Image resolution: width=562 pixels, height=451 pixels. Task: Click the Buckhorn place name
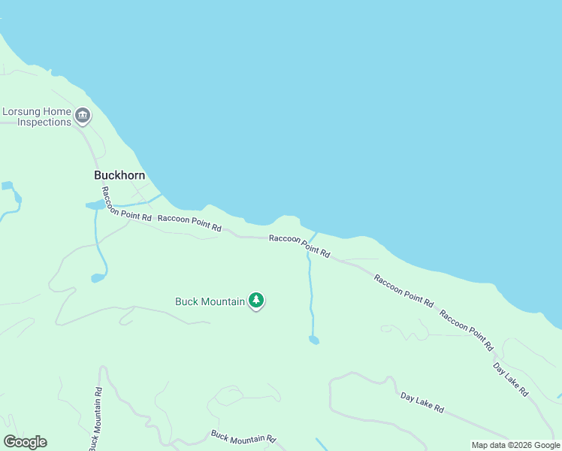[x=119, y=174]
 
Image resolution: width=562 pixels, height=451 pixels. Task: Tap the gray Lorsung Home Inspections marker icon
[x=83, y=116]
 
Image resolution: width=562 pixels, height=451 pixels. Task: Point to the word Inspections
[x=44, y=123]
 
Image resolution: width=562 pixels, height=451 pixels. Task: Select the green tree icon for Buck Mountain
[x=256, y=301]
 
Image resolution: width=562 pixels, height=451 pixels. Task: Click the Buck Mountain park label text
[x=210, y=301]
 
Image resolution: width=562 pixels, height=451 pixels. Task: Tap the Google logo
[x=25, y=442]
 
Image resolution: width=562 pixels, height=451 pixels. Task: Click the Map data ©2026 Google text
[x=515, y=444]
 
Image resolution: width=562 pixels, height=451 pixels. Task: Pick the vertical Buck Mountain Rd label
[x=95, y=419]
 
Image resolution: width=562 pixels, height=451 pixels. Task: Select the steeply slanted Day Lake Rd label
[x=511, y=380]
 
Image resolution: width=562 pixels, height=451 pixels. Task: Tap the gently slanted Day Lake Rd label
[x=421, y=402]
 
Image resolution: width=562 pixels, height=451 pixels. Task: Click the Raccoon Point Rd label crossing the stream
[x=299, y=246]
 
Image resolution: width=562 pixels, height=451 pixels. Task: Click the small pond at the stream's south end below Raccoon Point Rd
[x=313, y=340]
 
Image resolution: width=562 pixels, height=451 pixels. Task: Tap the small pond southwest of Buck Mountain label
[x=98, y=278]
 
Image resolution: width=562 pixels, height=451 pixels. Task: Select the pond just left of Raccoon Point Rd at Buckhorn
[x=95, y=204]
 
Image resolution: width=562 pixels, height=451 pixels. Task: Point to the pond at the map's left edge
[x=8, y=186]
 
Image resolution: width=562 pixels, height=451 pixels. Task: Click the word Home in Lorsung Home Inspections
[x=57, y=111]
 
